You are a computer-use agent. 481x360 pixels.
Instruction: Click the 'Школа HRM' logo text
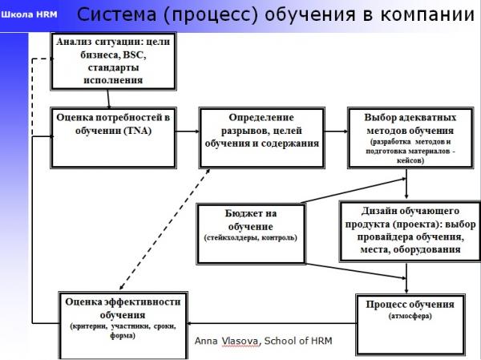[30, 14]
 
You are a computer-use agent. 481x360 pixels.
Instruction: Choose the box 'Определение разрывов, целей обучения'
[261, 136]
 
